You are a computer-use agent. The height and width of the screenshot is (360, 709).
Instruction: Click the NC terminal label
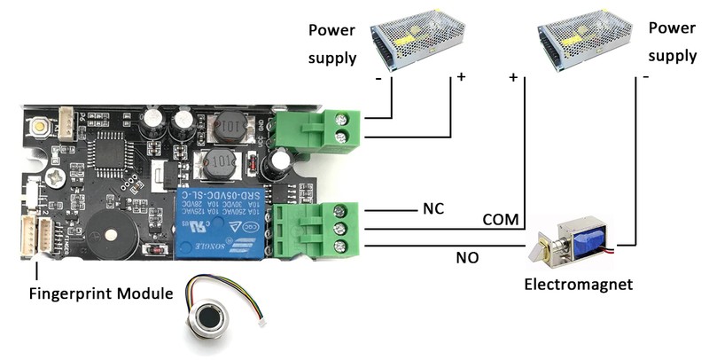tap(432, 209)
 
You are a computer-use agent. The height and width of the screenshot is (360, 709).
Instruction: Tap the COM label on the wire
tap(501, 219)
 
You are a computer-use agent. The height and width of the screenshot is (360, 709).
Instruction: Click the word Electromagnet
tap(578, 285)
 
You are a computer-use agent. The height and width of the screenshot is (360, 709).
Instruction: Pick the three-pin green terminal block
tap(316, 230)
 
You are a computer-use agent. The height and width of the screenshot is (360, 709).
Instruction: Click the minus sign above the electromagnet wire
tap(646, 78)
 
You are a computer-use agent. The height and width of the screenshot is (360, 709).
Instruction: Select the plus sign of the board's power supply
tap(461, 78)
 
